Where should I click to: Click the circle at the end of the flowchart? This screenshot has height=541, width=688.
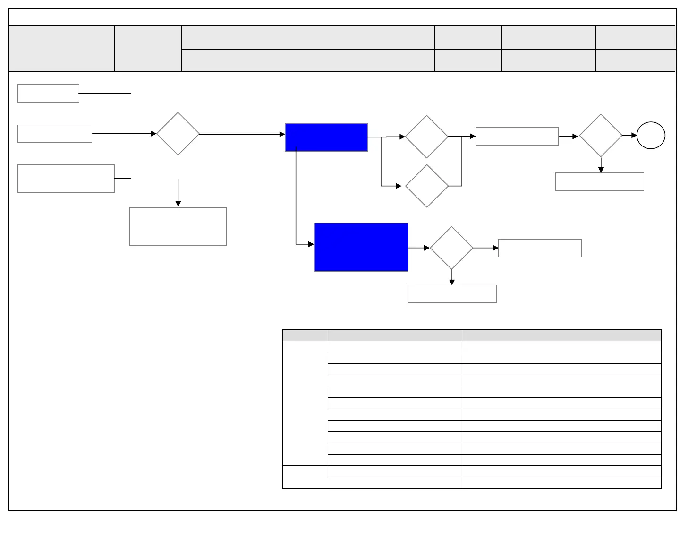[651, 136]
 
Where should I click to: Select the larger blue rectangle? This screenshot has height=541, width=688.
[361, 247]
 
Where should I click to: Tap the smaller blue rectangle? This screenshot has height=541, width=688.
[326, 137]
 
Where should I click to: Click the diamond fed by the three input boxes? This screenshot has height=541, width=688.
[178, 134]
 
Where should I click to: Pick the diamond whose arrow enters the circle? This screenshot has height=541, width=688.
[600, 136]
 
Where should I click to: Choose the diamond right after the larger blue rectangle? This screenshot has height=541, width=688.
[451, 248]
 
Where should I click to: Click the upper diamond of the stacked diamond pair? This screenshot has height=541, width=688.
[426, 137]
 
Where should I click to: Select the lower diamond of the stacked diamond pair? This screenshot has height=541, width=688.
[426, 186]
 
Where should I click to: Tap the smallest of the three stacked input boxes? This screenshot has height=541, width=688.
[48, 93]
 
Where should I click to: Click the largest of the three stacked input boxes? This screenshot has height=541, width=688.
[66, 179]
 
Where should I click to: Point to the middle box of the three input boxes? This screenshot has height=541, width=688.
[55, 134]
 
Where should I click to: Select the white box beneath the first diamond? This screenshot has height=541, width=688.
[178, 226]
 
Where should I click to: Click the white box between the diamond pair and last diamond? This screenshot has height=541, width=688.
[517, 136]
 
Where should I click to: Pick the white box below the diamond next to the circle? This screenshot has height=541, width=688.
[599, 181]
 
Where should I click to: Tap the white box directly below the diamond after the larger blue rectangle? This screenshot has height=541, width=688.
[452, 294]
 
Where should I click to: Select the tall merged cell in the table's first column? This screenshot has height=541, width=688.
[305, 403]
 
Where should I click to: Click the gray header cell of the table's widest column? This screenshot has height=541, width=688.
[561, 335]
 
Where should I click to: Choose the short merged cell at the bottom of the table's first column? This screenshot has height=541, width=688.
[305, 477]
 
